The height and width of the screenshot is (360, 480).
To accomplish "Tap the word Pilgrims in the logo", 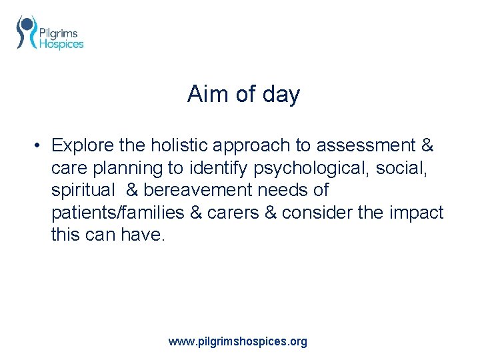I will click(x=59, y=33).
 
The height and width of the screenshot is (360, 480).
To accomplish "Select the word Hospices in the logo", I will click(x=61, y=44).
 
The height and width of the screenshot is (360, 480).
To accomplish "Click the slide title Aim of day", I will click(x=243, y=94).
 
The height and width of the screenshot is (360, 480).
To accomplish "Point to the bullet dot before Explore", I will click(x=40, y=145).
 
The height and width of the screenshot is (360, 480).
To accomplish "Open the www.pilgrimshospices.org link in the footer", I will click(x=238, y=341).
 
